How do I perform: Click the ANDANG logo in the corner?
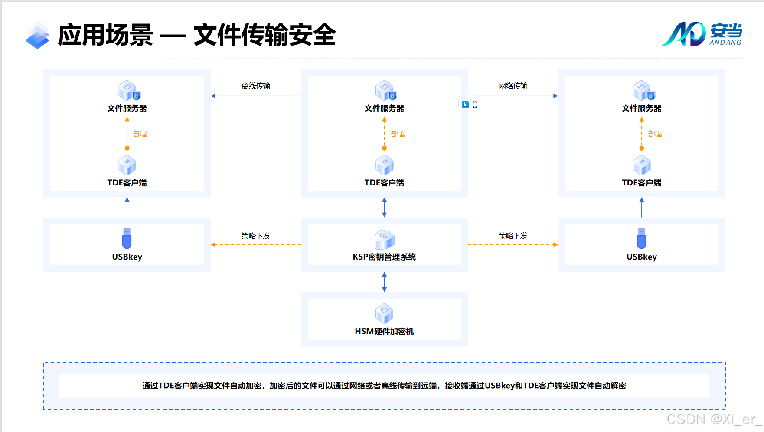click(701, 34)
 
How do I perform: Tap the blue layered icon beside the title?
click(37, 35)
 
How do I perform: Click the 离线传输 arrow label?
click(256, 86)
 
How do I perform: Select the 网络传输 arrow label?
click(513, 86)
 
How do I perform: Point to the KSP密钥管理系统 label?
click(384, 257)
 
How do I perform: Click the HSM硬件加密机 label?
click(384, 332)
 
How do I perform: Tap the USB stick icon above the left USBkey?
click(127, 238)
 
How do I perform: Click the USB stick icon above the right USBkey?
click(641, 238)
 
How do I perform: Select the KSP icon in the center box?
click(384, 239)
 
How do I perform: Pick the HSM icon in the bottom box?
click(384, 313)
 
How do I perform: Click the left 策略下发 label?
click(256, 236)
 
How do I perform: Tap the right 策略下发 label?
click(513, 236)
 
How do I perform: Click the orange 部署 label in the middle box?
click(398, 134)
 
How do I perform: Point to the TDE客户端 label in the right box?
click(641, 183)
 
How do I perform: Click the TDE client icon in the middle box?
click(384, 165)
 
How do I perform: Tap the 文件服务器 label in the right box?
click(641, 108)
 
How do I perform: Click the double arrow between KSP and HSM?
click(384, 282)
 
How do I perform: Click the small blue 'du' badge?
click(465, 105)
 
